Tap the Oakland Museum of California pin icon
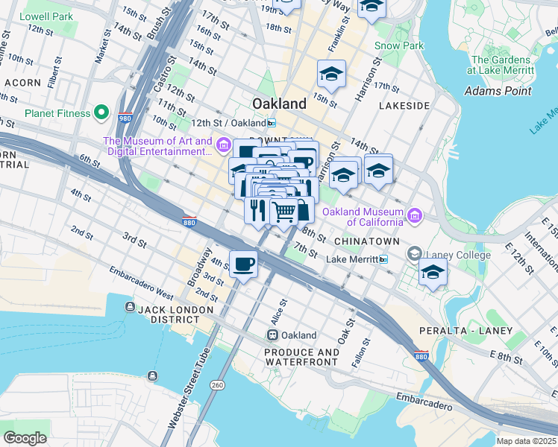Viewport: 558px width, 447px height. (x=415, y=216)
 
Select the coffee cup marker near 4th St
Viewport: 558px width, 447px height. (x=244, y=264)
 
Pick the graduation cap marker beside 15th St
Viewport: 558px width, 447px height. (x=331, y=74)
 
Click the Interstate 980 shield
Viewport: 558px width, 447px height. (x=125, y=118)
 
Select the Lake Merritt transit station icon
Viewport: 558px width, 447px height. (x=383, y=259)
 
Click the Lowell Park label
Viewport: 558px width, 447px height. (x=46, y=16)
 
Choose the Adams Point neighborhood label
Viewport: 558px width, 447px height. (x=498, y=91)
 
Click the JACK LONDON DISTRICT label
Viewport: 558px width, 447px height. (x=163, y=313)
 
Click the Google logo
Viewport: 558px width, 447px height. (x=25, y=437)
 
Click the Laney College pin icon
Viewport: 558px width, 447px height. (x=413, y=255)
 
